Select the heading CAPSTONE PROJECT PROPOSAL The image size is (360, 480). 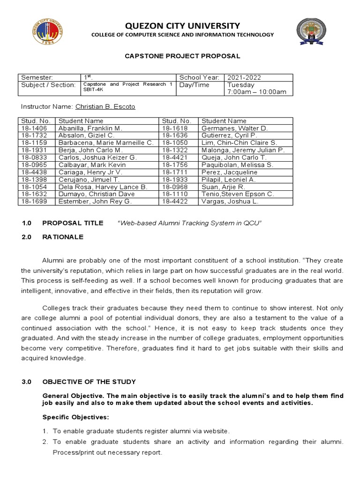182,56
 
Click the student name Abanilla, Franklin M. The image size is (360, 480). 90,128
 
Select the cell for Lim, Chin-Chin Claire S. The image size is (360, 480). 239,142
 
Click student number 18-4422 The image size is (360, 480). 174,202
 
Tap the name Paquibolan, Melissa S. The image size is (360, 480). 237,165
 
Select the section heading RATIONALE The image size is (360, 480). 63,237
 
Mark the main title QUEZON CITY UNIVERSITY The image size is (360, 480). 182,26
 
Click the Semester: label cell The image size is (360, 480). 37,77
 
